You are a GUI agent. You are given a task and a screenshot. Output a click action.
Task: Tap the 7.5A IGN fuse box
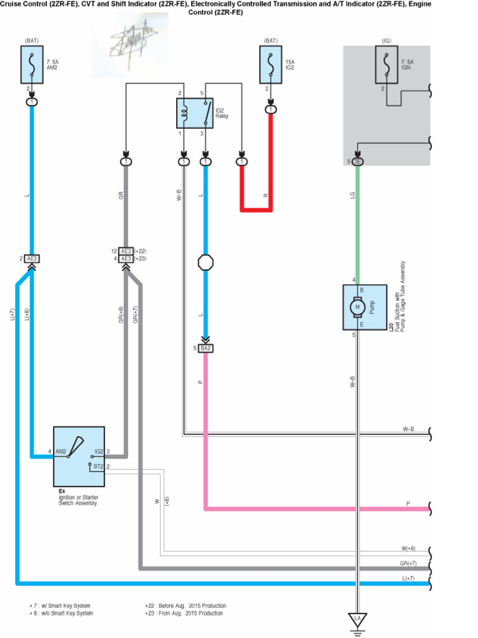(x=387, y=65)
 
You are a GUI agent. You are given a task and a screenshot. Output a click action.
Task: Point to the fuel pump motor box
(x=364, y=307)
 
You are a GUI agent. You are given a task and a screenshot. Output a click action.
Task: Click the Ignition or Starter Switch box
(x=79, y=457)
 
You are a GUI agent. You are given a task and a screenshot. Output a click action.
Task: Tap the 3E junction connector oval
(x=357, y=162)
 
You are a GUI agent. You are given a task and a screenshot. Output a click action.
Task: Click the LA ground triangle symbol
(x=357, y=620)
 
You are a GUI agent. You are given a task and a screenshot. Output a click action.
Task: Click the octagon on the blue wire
(x=205, y=262)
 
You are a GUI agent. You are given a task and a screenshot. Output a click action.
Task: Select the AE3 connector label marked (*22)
(x=126, y=251)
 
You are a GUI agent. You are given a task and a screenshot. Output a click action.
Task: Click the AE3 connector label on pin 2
(x=32, y=259)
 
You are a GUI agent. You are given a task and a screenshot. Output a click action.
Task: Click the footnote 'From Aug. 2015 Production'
(x=184, y=614)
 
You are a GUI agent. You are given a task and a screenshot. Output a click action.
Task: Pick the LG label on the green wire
(x=352, y=196)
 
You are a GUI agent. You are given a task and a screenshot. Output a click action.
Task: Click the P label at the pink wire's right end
(x=408, y=503)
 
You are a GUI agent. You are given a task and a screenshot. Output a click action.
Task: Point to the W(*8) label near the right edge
(x=408, y=549)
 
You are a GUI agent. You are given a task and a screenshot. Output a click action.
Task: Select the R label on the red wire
(x=265, y=196)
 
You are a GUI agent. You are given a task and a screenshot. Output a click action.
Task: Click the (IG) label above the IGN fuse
(x=387, y=40)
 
